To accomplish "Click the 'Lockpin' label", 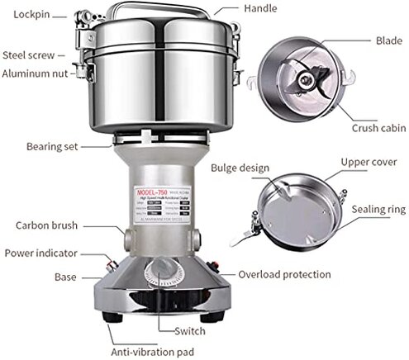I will pos(28,15).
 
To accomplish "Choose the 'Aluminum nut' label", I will pos(36,73).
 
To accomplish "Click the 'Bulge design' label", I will pos(240,168).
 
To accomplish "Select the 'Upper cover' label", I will pos(369,162).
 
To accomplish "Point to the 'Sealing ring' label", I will pos(372,211).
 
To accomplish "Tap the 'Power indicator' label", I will pos(42,253).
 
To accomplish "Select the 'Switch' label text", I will pos(191,331).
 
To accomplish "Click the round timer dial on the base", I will pos(158,276).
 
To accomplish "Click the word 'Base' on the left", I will pos(65,277).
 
